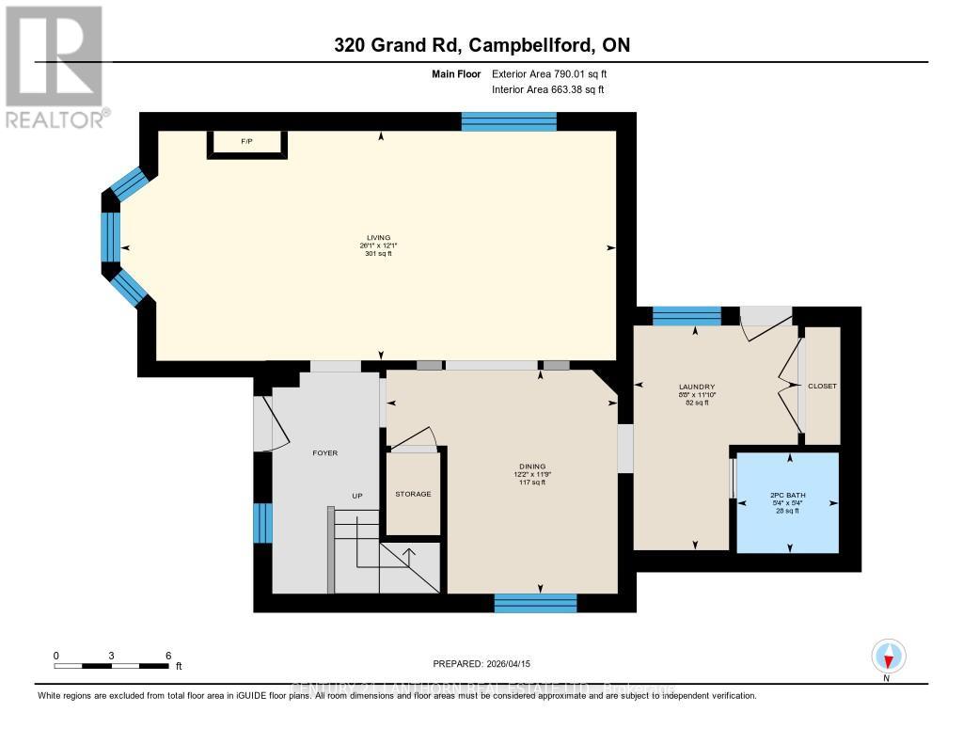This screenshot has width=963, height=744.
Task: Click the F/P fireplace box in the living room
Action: (247, 142)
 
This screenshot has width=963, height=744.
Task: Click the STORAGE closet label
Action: (413, 494)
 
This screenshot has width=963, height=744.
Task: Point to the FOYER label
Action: (324, 453)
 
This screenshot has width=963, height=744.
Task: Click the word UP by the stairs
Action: (357, 496)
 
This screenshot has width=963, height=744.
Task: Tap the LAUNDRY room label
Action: (698, 387)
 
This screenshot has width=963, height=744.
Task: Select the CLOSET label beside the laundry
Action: (822, 387)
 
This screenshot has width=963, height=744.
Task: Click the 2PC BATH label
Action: (788, 496)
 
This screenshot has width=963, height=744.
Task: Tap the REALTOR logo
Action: (55, 67)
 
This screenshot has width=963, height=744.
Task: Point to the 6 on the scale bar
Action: (167, 656)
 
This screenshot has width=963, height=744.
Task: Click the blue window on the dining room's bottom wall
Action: (535, 604)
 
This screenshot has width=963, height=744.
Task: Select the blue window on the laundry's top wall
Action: (687, 316)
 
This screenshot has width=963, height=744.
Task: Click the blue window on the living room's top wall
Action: (509, 121)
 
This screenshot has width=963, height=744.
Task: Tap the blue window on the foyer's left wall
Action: (263, 523)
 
